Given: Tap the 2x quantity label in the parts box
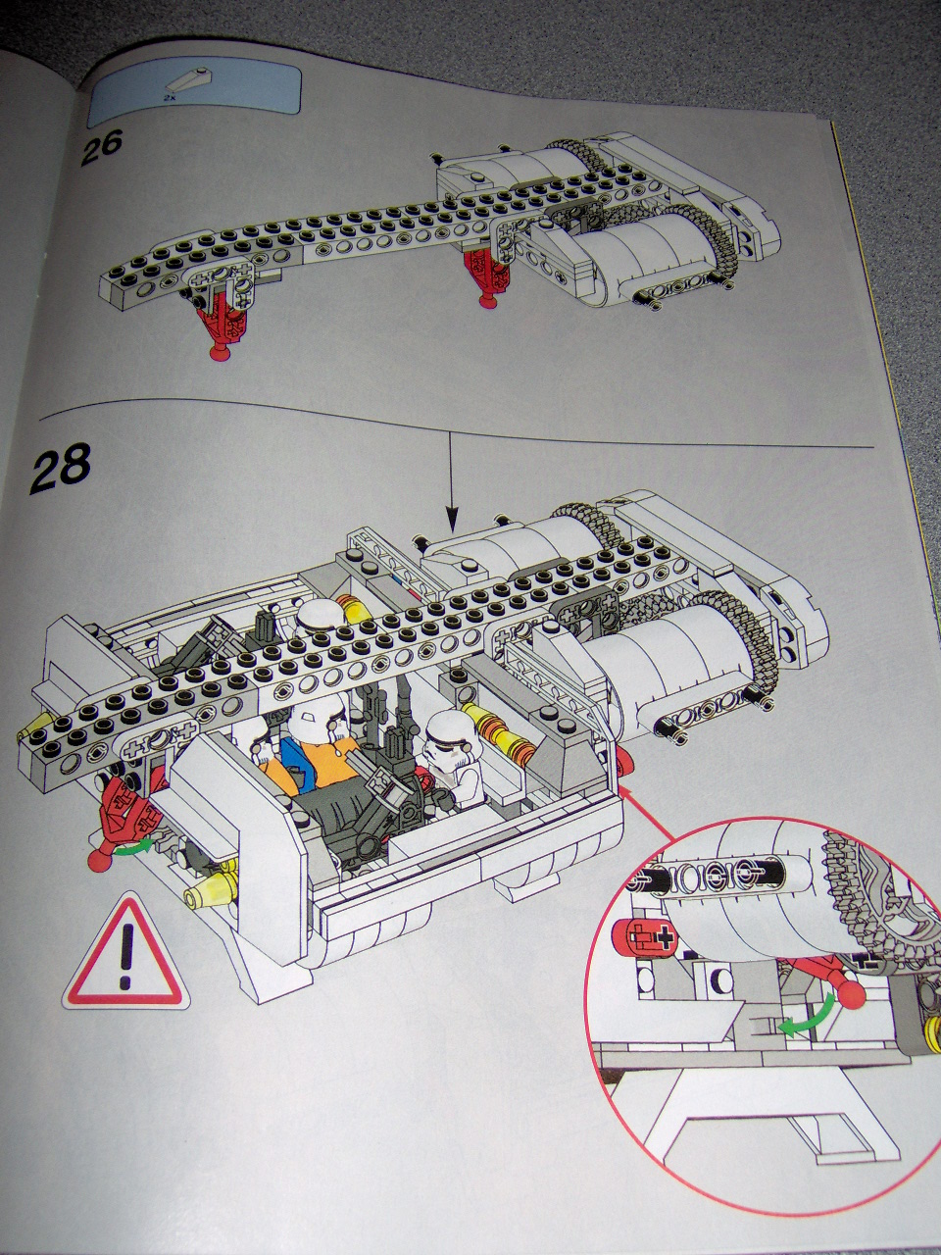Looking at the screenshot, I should pyautogui.click(x=169, y=99).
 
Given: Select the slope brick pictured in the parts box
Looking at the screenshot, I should pyautogui.click(x=192, y=81).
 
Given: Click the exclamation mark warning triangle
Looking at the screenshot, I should pyautogui.click(x=124, y=951).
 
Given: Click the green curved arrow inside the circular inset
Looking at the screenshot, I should pyautogui.click(x=811, y=1014).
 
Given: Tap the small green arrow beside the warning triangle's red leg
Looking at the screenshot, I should pyautogui.click(x=136, y=845).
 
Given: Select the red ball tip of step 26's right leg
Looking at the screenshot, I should pyautogui.click(x=485, y=298).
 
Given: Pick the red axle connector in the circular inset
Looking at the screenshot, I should pyautogui.click(x=643, y=937).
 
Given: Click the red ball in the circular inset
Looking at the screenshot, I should pyautogui.click(x=851, y=994).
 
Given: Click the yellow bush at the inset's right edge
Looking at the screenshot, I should pyautogui.click(x=932, y=1029).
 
